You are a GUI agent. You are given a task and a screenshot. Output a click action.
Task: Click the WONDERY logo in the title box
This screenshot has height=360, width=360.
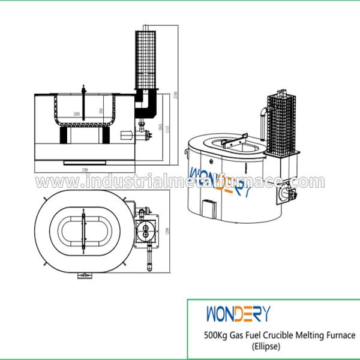238,314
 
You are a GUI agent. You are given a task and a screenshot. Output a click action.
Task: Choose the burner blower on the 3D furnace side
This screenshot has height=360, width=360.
287,193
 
